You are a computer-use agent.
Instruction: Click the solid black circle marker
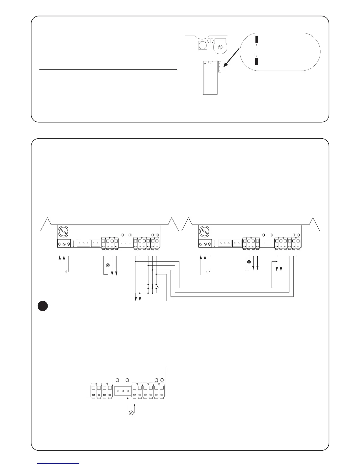(43, 306)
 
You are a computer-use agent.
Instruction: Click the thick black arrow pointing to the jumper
(234, 56)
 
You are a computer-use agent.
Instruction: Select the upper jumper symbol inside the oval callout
(256, 41)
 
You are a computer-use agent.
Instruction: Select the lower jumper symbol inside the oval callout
(256, 60)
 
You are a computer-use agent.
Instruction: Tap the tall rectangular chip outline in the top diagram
(210, 78)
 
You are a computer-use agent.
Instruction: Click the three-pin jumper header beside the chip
(220, 67)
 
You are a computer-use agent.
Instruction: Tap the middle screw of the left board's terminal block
(64, 244)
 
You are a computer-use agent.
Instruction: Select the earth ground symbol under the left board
(68, 271)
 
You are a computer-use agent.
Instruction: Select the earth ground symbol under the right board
(209, 271)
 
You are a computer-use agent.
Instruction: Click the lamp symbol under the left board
(108, 265)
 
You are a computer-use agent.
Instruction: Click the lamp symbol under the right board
(249, 262)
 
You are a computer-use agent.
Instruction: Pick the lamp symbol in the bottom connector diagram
(131, 412)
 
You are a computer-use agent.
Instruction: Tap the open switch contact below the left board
(157, 286)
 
